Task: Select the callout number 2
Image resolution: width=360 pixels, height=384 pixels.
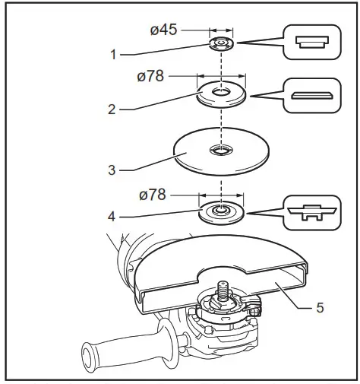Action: [112, 109]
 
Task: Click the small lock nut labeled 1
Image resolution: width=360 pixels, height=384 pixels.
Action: [221, 43]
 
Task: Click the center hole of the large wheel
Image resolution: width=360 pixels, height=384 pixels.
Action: [221, 148]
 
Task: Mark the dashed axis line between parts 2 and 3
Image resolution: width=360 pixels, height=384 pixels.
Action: [221, 122]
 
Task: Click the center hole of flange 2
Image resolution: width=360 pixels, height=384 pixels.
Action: [221, 93]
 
